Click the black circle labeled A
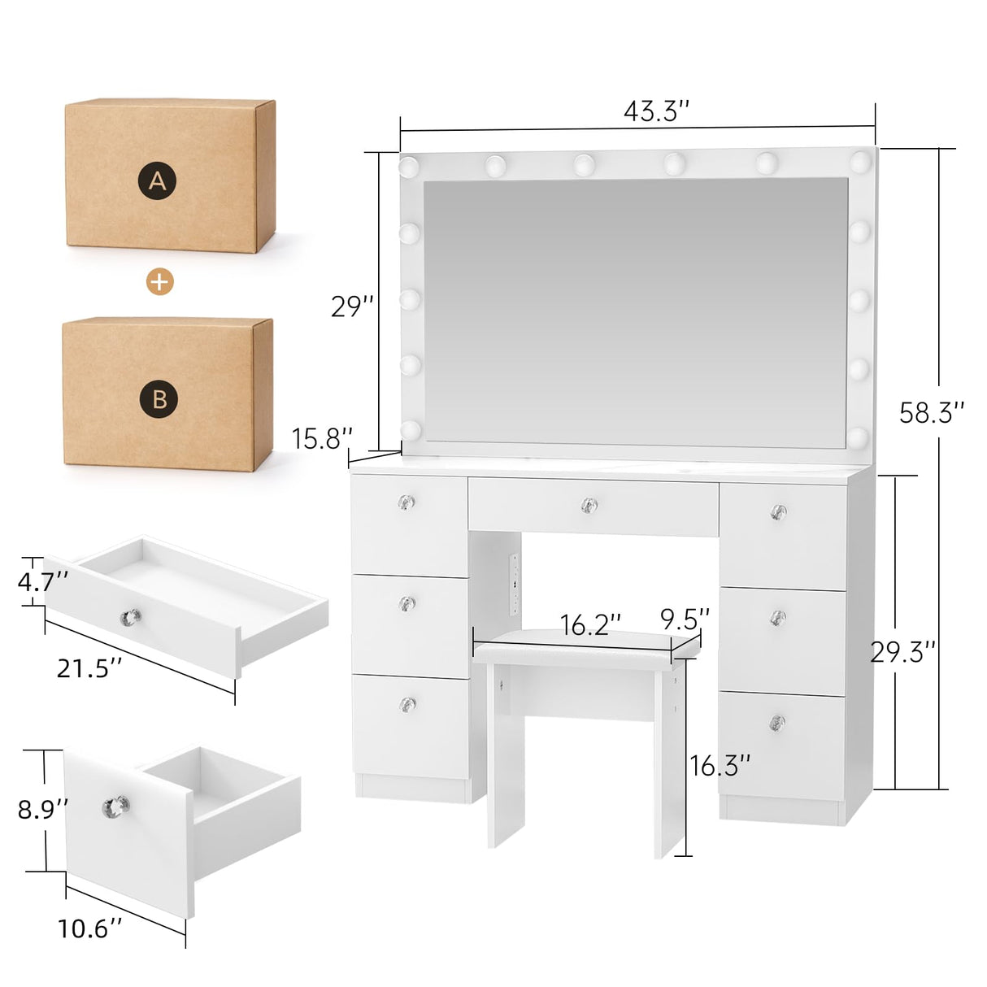[158, 180]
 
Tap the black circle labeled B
[159, 398]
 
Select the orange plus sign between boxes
[160, 281]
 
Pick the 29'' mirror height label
[353, 307]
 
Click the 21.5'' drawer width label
[89, 668]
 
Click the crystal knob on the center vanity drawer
[589, 506]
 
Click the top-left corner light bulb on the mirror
[408, 167]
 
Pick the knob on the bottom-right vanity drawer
[777, 721]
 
